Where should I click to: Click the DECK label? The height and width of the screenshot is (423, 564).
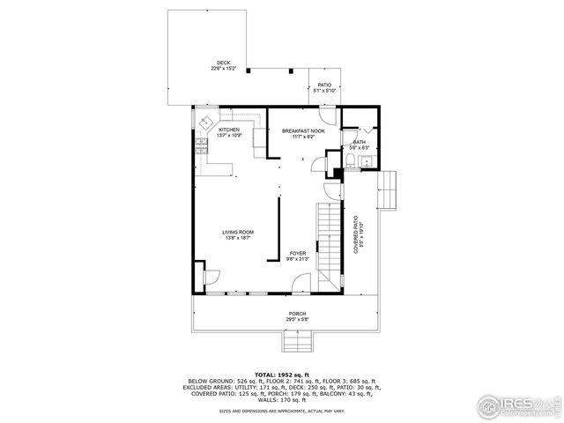click(224, 62)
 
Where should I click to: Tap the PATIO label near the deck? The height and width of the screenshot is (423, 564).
click(324, 85)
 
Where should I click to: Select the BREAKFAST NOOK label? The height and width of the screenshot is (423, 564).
click(303, 130)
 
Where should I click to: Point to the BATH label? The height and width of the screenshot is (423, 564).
click(360, 141)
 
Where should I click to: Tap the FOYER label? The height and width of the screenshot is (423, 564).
click(298, 253)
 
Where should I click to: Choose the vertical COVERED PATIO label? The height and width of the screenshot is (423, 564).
click(356, 235)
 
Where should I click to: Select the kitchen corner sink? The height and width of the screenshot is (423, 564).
click(204, 122)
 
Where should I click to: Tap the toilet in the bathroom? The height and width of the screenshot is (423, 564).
click(351, 159)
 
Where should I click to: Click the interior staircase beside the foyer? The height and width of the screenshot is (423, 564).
click(328, 238)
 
